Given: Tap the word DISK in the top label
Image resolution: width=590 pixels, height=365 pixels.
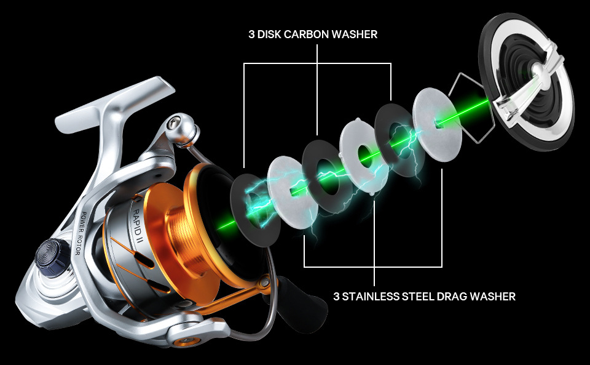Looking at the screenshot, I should pos(269,34).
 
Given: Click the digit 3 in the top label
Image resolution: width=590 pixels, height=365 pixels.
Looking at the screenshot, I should pos(251,34).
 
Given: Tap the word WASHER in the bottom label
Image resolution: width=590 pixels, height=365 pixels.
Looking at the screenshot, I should pos(495,297).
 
